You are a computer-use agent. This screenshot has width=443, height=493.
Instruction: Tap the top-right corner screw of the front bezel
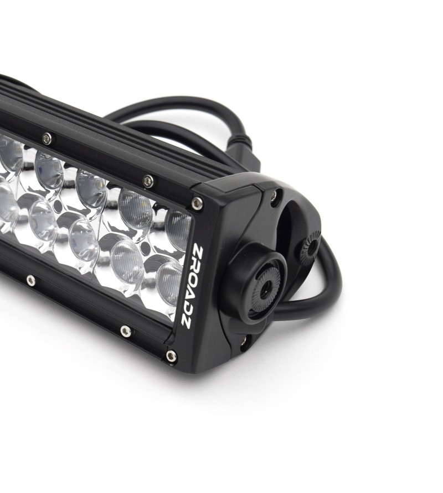pyautogui.click(x=197, y=203)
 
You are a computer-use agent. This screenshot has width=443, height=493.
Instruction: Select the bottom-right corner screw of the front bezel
pyautogui.click(x=171, y=356)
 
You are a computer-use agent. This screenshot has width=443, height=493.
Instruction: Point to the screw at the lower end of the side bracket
pyautogui.click(x=244, y=341)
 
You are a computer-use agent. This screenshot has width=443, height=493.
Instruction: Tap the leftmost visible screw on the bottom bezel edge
pyautogui.click(x=30, y=279)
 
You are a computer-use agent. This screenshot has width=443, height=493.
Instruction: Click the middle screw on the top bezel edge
pyautogui.click(x=148, y=180)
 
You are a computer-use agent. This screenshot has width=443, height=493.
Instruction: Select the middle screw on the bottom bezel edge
pyautogui.click(x=125, y=331)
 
